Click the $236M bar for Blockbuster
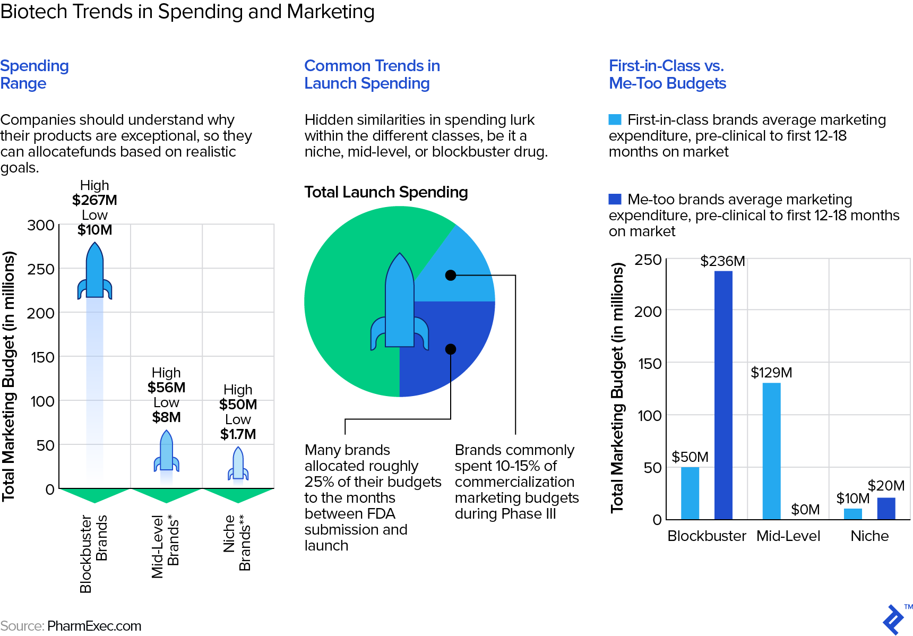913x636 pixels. point(723,395)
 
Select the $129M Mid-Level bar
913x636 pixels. point(771,451)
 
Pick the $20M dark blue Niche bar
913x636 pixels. point(886,509)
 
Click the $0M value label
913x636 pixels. point(805,510)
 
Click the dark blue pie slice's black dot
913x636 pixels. point(451,349)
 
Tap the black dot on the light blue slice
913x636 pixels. point(451,275)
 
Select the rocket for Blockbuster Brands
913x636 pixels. point(95,271)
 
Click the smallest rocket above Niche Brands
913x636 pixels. point(238,463)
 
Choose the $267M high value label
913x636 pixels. point(94,200)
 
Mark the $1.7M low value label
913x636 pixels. point(238,434)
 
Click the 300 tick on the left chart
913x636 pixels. point(41,225)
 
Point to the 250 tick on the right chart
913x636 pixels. point(648,260)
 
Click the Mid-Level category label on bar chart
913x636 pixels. point(788,536)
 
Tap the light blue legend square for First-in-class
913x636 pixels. point(615,119)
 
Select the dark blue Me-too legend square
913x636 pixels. point(615,199)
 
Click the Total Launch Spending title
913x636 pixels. point(386,192)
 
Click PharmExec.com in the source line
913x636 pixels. point(94,626)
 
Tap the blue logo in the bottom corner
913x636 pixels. point(893,619)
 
